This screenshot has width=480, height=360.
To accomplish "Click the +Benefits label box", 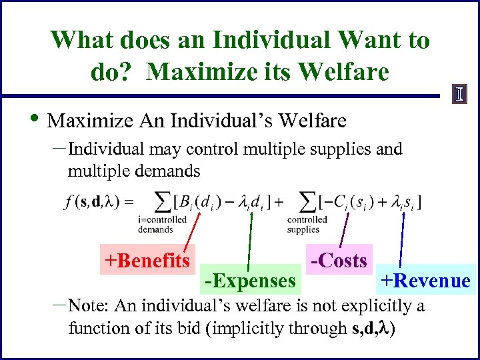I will pyautogui.click(x=146, y=259).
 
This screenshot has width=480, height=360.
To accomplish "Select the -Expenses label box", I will pyautogui.click(x=250, y=281).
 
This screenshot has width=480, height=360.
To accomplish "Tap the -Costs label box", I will pyautogui.click(x=337, y=260).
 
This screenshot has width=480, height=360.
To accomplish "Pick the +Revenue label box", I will pyautogui.click(x=425, y=281).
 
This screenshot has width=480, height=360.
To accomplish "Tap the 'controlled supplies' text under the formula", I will pyautogui.click(x=307, y=225).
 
